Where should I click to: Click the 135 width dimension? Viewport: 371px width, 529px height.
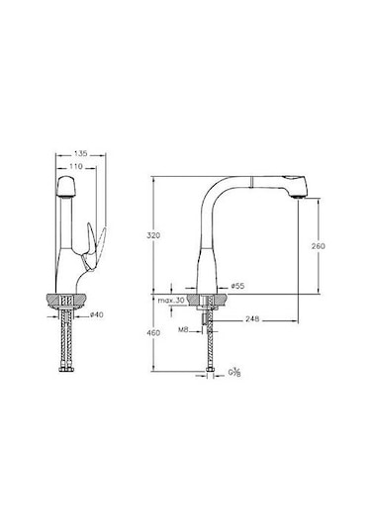(x=82, y=155)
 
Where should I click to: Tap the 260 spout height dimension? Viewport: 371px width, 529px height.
(x=318, y=244)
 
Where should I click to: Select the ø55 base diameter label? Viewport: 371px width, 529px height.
(x=237, y=286)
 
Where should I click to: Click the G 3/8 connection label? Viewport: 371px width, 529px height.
(x=233, y=373)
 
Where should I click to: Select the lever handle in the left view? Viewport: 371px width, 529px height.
(x=91, y=242)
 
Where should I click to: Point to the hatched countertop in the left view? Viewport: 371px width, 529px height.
(x=69, y=300)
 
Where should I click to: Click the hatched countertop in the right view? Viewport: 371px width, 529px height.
(x=208, y=300)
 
